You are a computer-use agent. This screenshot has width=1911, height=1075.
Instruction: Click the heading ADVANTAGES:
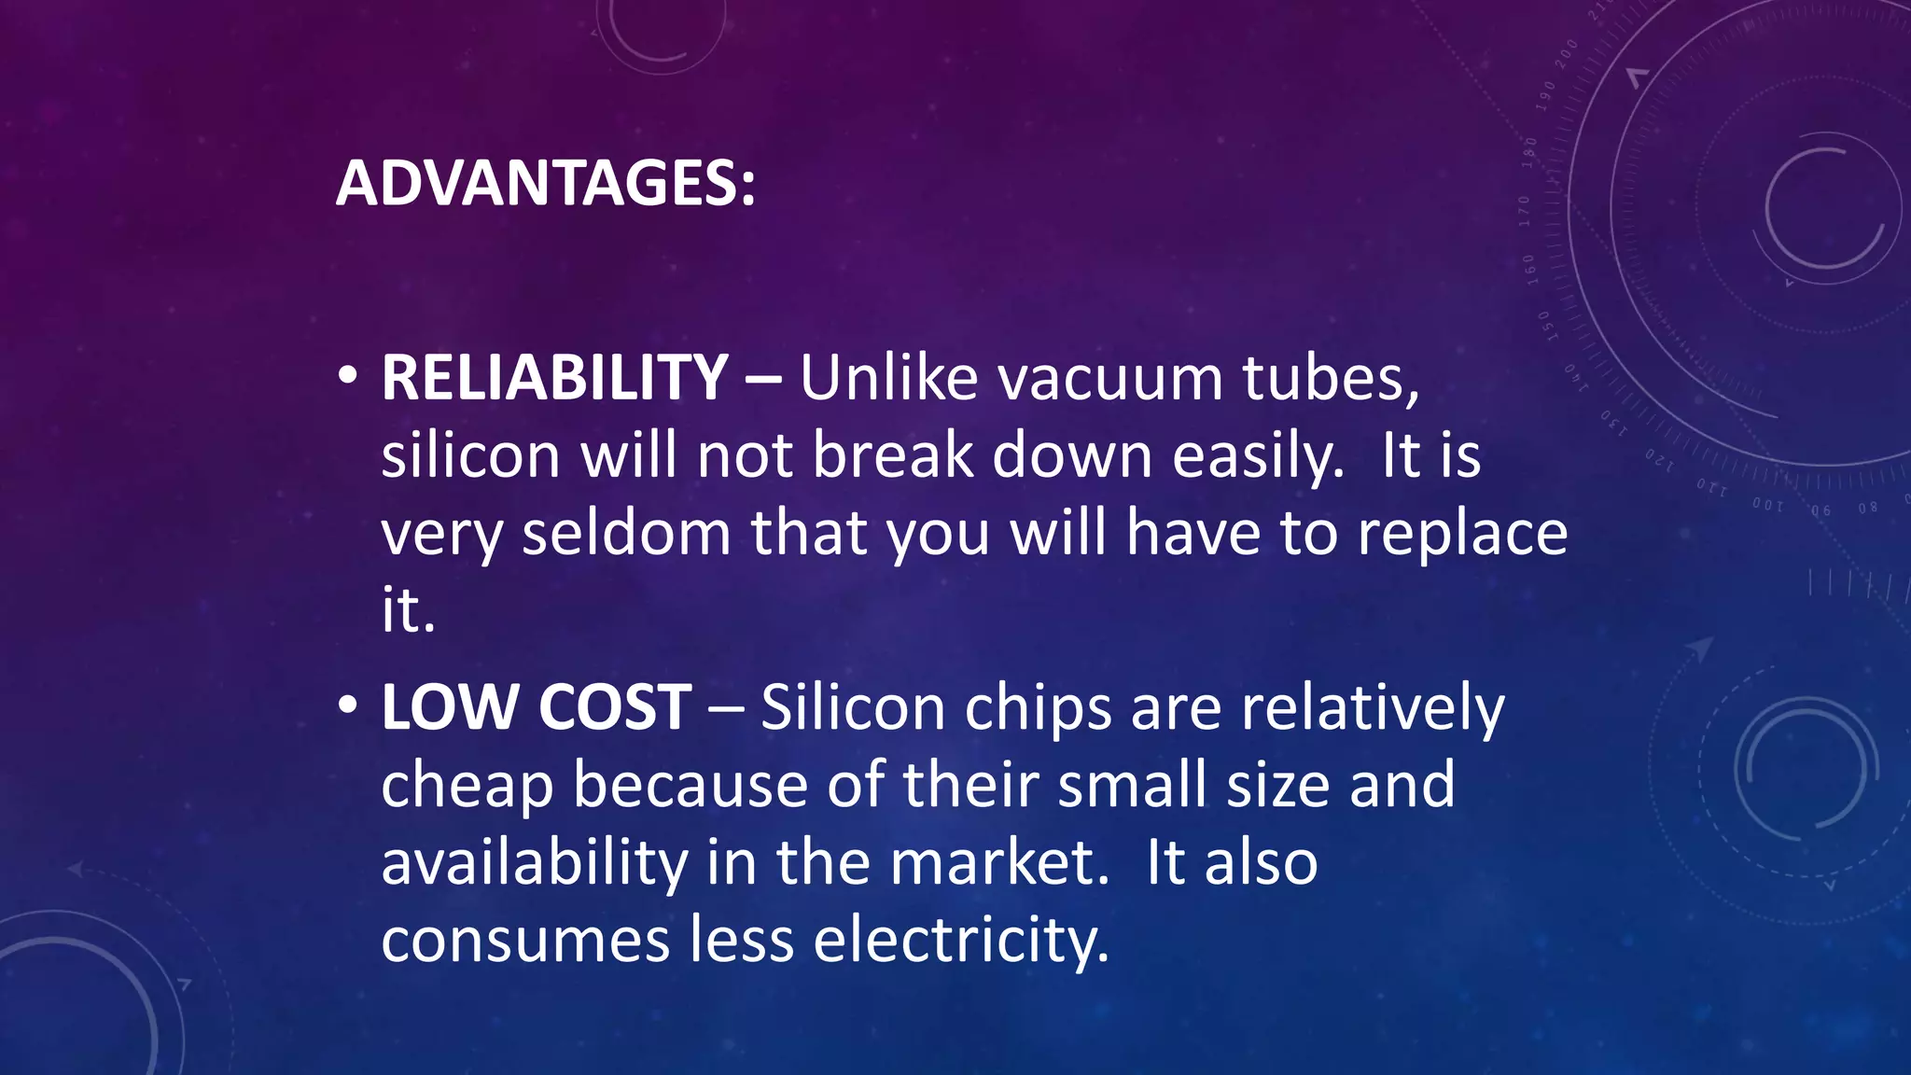click(x=545, y=183)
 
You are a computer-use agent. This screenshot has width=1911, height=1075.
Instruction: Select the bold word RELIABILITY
click(x=554, y=378)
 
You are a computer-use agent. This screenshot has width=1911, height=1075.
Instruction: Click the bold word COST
click(x=615, y=707)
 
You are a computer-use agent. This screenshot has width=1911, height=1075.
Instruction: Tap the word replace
click(x=1462, y=533)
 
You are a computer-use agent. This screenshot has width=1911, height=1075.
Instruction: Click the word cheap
click(x=467, y=785)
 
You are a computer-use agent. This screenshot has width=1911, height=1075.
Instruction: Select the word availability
click(x=535, y=862)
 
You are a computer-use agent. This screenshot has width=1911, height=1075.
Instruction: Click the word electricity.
click(x=961, y=940)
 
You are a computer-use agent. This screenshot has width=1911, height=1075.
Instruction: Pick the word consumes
click(x=525, y=940)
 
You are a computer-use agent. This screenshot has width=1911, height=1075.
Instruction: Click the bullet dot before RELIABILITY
click(x=348, y=375)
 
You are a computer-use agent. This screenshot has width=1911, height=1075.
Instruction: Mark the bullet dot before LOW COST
click(x=348, y=705)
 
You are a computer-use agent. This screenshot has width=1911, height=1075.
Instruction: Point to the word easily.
click(x=1258, y=457)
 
